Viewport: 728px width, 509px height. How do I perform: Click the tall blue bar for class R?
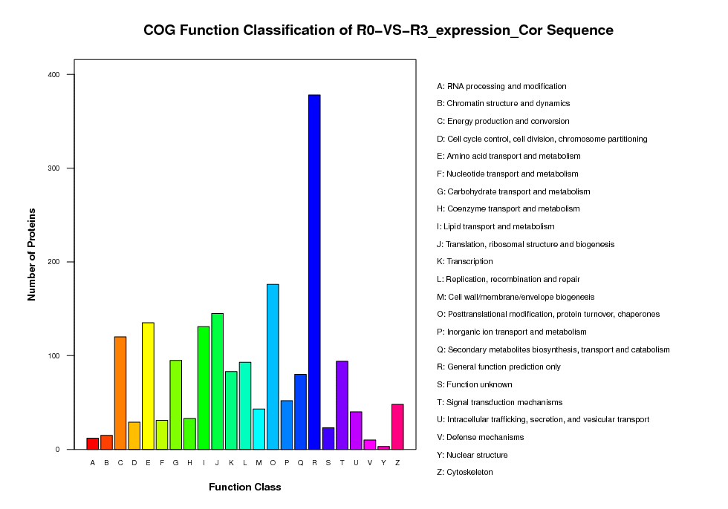click(314, 272)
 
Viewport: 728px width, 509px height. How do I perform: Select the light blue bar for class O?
click(273, 367)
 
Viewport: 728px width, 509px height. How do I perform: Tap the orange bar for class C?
click(120, 393)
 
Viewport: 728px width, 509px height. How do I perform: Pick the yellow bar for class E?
click(148, 386)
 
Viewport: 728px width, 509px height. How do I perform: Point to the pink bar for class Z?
click(397, 427)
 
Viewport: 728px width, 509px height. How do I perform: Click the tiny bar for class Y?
click(383, 448)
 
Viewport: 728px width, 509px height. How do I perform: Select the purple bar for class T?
click(342, 405)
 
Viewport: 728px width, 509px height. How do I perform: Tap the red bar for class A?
click(93, 444)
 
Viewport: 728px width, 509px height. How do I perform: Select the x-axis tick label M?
click(259, 463)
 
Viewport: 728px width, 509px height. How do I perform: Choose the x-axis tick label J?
click(217, 463)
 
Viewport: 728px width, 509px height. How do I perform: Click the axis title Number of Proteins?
click(31, 254)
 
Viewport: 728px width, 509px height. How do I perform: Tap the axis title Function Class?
click(244, 487)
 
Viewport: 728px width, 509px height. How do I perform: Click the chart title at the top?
click(378, 30)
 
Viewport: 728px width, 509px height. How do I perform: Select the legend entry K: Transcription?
click(465, 261)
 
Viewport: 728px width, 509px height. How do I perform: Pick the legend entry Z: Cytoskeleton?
click(465, 473)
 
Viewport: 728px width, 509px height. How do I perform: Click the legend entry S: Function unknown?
click(475, 385)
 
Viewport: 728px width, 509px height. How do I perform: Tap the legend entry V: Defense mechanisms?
click(480, 437)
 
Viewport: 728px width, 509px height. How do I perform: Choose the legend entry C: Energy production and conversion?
click(503, 122)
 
